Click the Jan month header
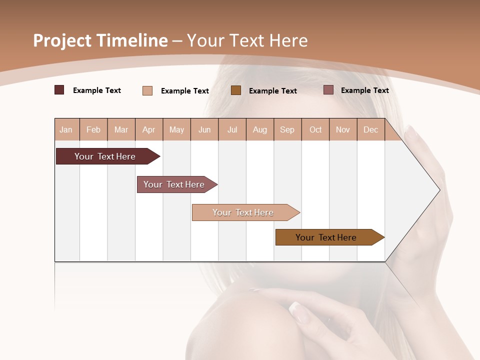pyautogui.click(x=66, y=129)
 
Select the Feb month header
pyautogui.click(x=93, y=129)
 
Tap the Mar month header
pyautogui.click(x=121, y=129)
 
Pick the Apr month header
pyautogui.click(x=149, y=129)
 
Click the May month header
pyautogui.click(x=176, y=129)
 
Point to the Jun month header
pyautogui.click(x=204, y=129)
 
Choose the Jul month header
pyautogui.click(x=232, y=129)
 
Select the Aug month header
pyautogui.click(x=260, y=129)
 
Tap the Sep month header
pyautogui.click(x=287, y=129)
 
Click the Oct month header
pyautogui.click(x=315, y=129)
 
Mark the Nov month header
pyautogui.click(x=343, y=129)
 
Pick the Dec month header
pyautogui.click(x=371, y=129)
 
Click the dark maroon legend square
pyautogui.click(x=59, y=90)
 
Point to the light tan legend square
pyautogui.click(x=147, y=90)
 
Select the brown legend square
pyautogui.click(x=236, y=90)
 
